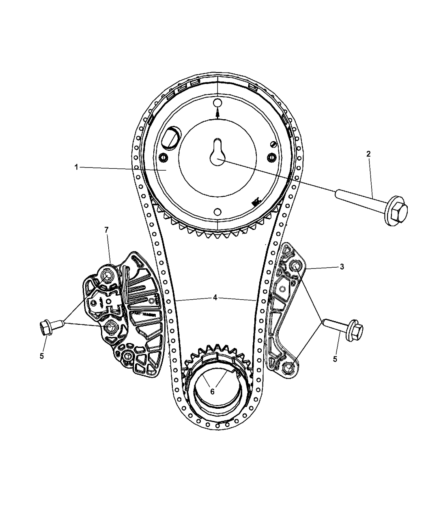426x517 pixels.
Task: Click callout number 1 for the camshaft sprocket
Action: (x=77, y=167)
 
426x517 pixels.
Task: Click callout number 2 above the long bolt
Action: (x=368, y=154)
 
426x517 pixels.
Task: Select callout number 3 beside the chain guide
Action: (x=342, y=266)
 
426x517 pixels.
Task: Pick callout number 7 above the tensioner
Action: (x=106, y=230)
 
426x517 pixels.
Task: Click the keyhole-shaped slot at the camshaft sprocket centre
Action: (x=218, y=152)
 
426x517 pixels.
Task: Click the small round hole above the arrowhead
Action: (x=217, y=102)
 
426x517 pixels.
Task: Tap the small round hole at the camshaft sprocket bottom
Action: (x=217, y=211)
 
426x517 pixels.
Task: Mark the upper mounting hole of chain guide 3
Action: (x=295, y=266)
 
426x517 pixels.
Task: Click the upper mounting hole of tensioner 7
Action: (x=108, y=276)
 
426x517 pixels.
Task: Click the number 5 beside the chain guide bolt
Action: (x=335, y=359)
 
